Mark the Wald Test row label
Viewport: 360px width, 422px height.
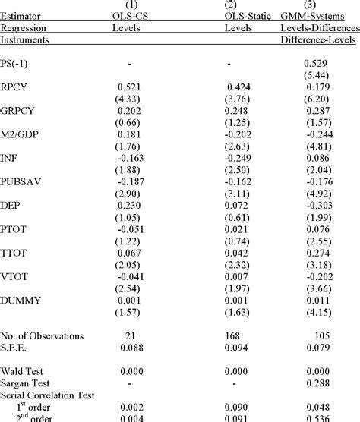click(22, 371)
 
